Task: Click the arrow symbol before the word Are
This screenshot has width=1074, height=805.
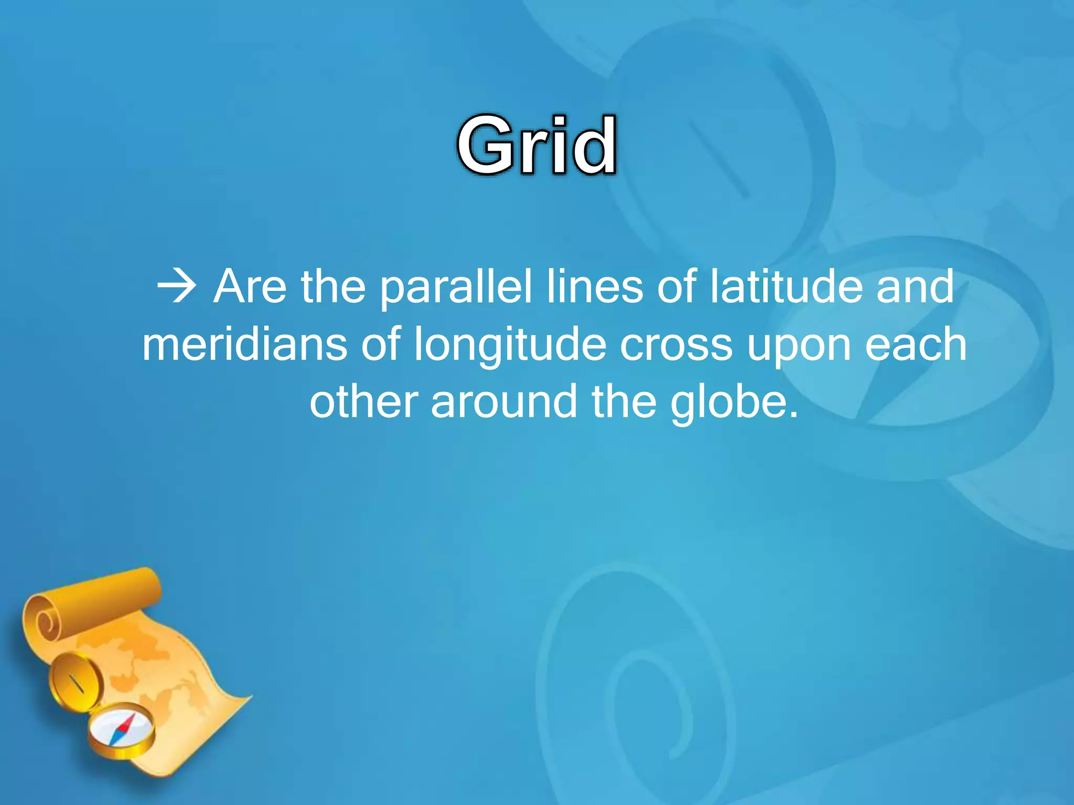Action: click(x=177, y=287)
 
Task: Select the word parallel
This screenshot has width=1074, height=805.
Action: click(x=456, y=288)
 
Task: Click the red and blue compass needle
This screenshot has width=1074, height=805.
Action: click(x=124, y=728)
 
